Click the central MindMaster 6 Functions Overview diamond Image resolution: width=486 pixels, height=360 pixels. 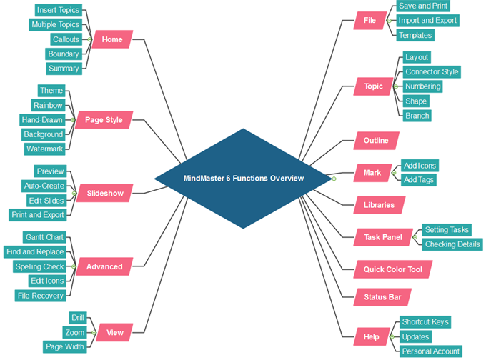pyautogui.click(x=243, y=178)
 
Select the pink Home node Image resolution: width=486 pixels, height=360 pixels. pyautogui.click(x=112, y=39)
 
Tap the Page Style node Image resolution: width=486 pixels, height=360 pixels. pyautogui.click(x=104, y=120)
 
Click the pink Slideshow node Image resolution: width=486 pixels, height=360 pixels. pyautogui.click(x=105, y=193)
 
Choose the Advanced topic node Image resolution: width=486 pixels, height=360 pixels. pyautogui.click(x=104, y=266)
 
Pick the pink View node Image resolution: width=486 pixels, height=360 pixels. pyautogui.click(x=114, y=332)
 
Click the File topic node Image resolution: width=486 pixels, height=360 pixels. pyautogui.click(x=370, y=20)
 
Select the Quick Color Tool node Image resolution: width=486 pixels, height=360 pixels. pyautogui.click(x=392, y=269)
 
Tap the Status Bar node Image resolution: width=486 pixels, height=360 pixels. pyautogui.click(x=382, y=296)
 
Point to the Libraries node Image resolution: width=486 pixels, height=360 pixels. pyautogui.click(x=379, y=205)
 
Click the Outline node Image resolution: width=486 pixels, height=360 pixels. pyautogui.click(x=376, y=141)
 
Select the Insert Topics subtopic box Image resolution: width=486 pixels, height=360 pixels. pyautogui.click(x=58, y=10)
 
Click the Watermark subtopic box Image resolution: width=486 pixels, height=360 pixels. pyautogui.click(x=44, y=149)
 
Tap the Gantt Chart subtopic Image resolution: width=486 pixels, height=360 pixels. pyautogui.click(x=44, y=237)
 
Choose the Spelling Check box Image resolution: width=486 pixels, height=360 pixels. pyautogui.click(x=39, y=266)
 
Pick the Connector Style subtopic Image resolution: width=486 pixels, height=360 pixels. pyautogui.click(x=432, y=71)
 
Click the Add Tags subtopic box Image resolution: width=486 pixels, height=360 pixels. pyautogui.click(x=418, y=179)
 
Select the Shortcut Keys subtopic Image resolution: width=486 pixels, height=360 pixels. pyautogui.click(x=425, y=321)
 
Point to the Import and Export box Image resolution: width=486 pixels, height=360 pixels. pyautogui.click(x=427, y=20)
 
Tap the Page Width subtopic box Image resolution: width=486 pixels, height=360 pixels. pyautogui.click(x=65, y=346)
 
